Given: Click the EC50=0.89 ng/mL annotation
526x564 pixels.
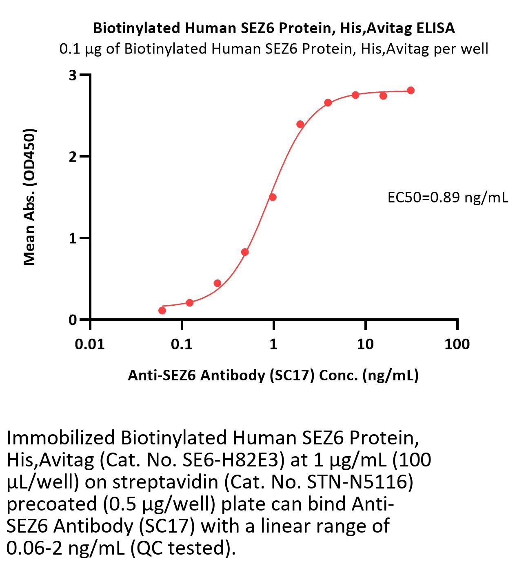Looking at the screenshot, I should pos(448,198).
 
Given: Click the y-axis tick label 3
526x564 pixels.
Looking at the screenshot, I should pos(73,75).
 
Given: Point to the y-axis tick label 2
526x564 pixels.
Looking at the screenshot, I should pos(73,157).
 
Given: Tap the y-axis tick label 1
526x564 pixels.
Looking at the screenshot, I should pos(73,238).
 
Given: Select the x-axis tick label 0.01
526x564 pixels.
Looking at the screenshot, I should pos(90,344).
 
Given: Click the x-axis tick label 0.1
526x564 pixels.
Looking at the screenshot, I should pos(182,344).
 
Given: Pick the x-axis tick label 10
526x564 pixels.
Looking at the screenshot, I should pos(365,344).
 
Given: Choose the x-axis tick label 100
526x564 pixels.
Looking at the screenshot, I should pos(457,344).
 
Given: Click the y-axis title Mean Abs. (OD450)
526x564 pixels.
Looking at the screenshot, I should pos(29,197).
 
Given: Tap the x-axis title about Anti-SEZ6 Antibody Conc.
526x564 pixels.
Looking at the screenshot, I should pos(273,375).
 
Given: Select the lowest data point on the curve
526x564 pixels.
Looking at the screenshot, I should pos(162,311).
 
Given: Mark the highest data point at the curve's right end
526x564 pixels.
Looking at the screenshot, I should pos(411,90).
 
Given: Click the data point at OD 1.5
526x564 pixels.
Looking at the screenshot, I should pos(273,197).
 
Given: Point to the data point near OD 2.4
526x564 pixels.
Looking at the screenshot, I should pos(300,124).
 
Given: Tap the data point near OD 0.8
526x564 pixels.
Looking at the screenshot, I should pos(245,252).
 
